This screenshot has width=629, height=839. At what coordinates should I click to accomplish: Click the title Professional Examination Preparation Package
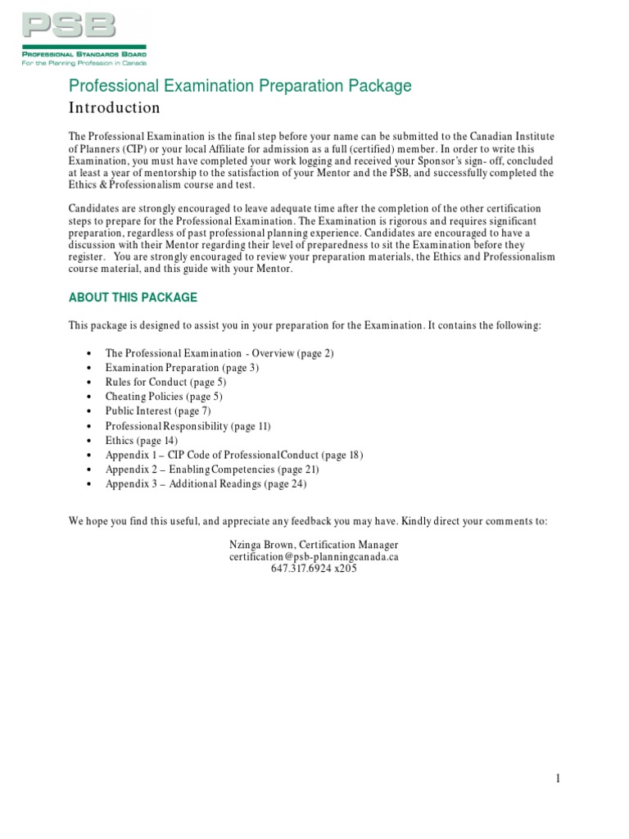coord(240,86)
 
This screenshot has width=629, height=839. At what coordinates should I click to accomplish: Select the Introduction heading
coord(114,108)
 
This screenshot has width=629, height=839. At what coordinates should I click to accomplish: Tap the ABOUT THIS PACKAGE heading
coord(133,297)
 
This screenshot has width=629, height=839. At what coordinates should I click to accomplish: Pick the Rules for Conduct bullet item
coord(165,383)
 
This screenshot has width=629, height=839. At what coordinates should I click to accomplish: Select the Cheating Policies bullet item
coord(164,397)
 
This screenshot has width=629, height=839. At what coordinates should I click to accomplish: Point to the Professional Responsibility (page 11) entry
coord(188,426)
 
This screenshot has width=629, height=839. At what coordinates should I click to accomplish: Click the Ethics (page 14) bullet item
coord(141,441)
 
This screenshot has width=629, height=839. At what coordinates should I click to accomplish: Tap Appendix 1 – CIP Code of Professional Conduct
coord(233,455)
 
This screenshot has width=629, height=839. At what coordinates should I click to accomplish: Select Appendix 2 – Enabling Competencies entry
coord(212,469)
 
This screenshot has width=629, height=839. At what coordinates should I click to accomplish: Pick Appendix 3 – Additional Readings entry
coord(206,484)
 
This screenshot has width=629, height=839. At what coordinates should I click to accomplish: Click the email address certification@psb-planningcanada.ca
coord(314,556)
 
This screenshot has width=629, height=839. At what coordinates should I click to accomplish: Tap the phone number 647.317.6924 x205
coord(314,569)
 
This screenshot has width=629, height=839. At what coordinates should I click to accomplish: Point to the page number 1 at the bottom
coord(558,780)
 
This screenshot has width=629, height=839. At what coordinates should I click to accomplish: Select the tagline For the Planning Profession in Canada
coord(84,61)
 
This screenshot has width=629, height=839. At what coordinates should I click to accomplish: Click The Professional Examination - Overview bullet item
coord(219,353)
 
